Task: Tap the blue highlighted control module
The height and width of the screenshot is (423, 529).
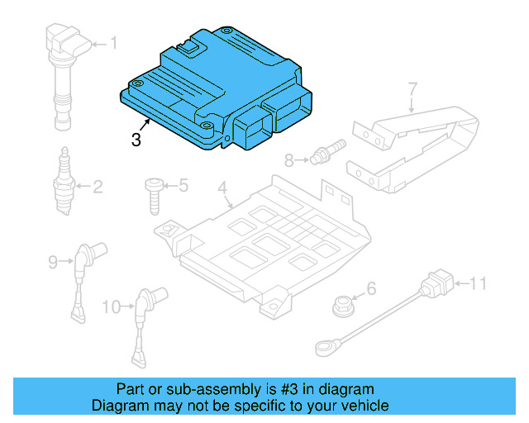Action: (x=215, y=91)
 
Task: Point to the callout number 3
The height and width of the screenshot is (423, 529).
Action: (x=136, y=140)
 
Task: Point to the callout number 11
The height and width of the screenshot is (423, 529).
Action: (x=479, y=285)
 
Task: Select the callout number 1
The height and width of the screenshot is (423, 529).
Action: (x=114, y=42)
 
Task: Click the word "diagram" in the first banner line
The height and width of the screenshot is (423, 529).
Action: (x=346, y=389)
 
